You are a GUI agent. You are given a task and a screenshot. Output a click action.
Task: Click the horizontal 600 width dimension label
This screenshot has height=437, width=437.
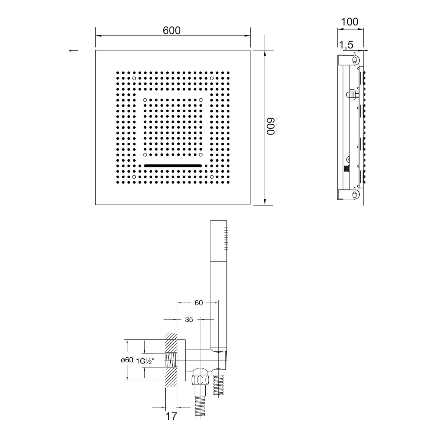[172, 30]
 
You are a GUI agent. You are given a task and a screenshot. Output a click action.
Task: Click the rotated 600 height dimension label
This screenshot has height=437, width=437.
[271, 126]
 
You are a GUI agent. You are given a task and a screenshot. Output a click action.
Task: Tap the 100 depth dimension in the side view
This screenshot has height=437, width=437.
[349, 22]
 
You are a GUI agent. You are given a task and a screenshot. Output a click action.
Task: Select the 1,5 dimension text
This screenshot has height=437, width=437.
[346, 45]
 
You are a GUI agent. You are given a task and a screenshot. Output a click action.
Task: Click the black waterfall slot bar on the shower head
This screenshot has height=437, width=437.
[173, 165]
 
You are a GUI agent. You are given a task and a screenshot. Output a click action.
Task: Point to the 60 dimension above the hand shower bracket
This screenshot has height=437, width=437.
[199, 303]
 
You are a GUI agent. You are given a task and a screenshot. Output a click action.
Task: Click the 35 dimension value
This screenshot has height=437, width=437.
[189, 320]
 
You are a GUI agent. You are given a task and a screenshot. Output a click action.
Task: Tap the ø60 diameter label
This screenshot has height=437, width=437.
[127, 360]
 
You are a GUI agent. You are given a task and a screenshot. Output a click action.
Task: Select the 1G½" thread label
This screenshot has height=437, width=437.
[145, 361]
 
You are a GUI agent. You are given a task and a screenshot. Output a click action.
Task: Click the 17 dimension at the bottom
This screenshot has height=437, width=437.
[171, 416]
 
